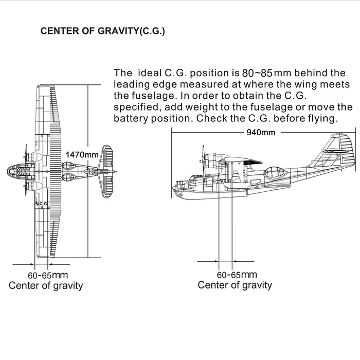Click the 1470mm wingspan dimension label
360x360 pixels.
click(x=82, y=154)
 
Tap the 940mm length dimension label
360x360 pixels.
click(x=261, y=132)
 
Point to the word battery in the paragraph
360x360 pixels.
click(x=131, y=118)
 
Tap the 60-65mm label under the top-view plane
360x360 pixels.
click(x=48, y=275)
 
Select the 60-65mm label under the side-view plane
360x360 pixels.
click(x=236, y=275)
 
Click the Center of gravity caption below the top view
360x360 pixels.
click(x=46, y=286)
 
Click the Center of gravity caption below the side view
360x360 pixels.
click(x=235, y=285)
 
